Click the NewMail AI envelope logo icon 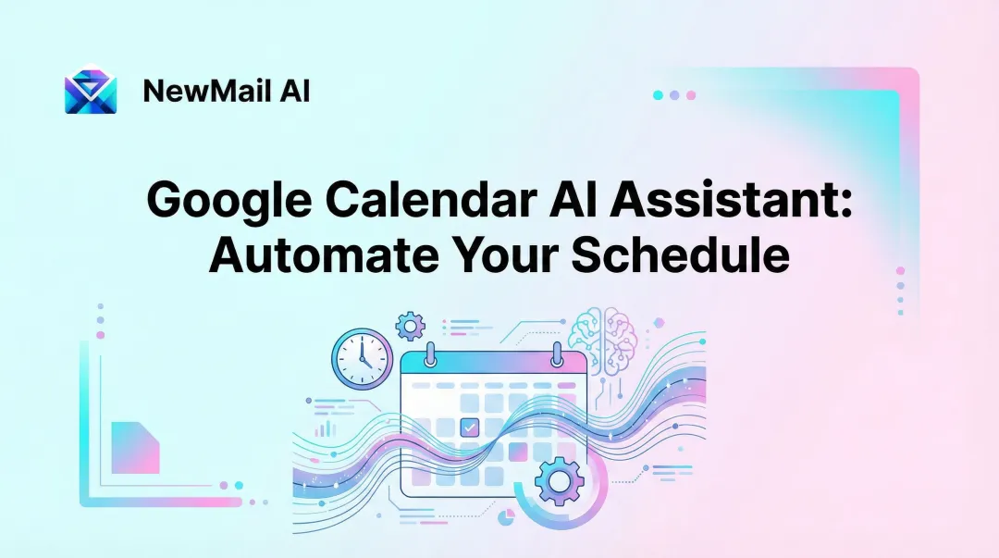click(91, 91)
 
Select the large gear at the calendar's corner click(557, 481)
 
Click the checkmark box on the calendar click(469, 428)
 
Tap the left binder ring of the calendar click(431, 353)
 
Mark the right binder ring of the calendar click(557, 353)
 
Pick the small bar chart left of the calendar click(323, 428)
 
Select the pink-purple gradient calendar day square click(517, 452)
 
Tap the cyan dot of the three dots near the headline click(658, 95)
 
